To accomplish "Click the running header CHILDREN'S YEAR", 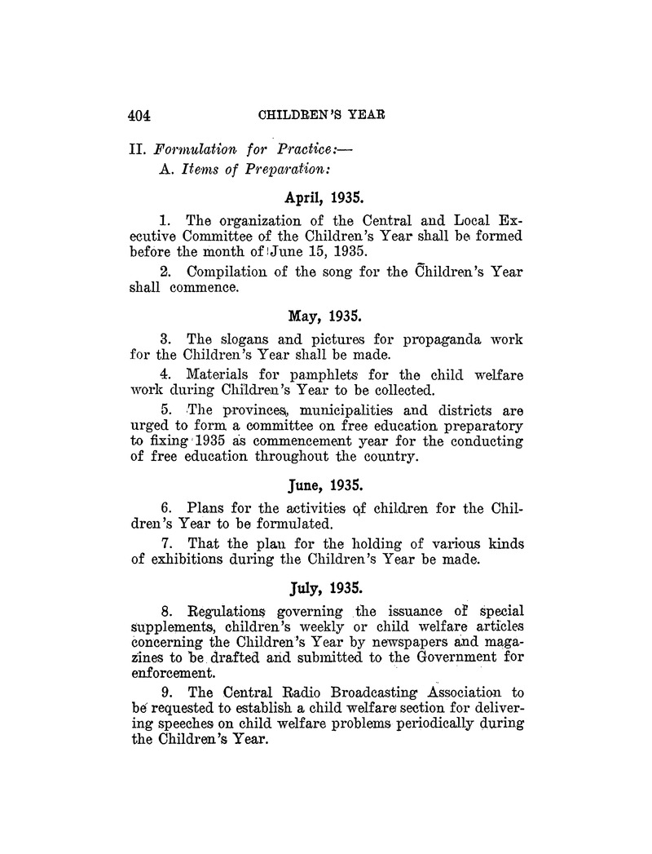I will (x=321, y=115).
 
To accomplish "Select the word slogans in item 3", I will (x=244, y=339).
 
